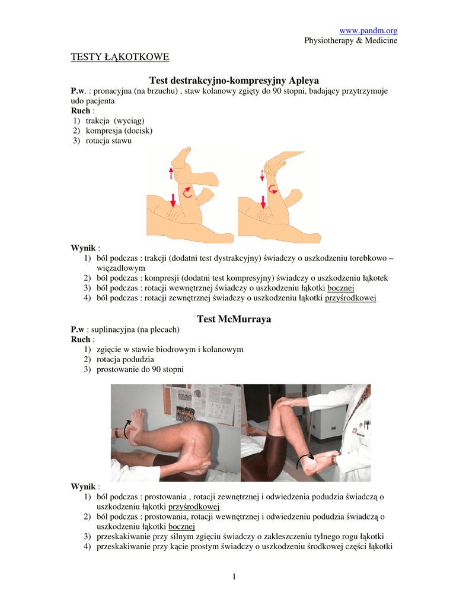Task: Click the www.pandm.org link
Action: tap(368, 31)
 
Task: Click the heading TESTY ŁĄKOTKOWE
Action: tap(120, 57)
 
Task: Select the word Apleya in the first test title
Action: tap(304, 80)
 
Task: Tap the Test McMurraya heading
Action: tap(234, 319)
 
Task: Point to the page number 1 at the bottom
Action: tap(234, 577)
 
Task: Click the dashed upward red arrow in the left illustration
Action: tap(171, 173)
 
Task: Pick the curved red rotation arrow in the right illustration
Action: tap(273, 189)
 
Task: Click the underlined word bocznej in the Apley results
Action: tap(341, 288)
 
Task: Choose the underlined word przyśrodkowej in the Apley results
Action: tap(350, 298)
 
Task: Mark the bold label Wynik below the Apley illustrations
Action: tap(83, 248)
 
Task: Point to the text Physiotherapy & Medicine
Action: tap(351, 41)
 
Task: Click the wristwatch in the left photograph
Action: tap(117, 433)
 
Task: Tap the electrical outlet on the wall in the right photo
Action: tap(333, 429)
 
